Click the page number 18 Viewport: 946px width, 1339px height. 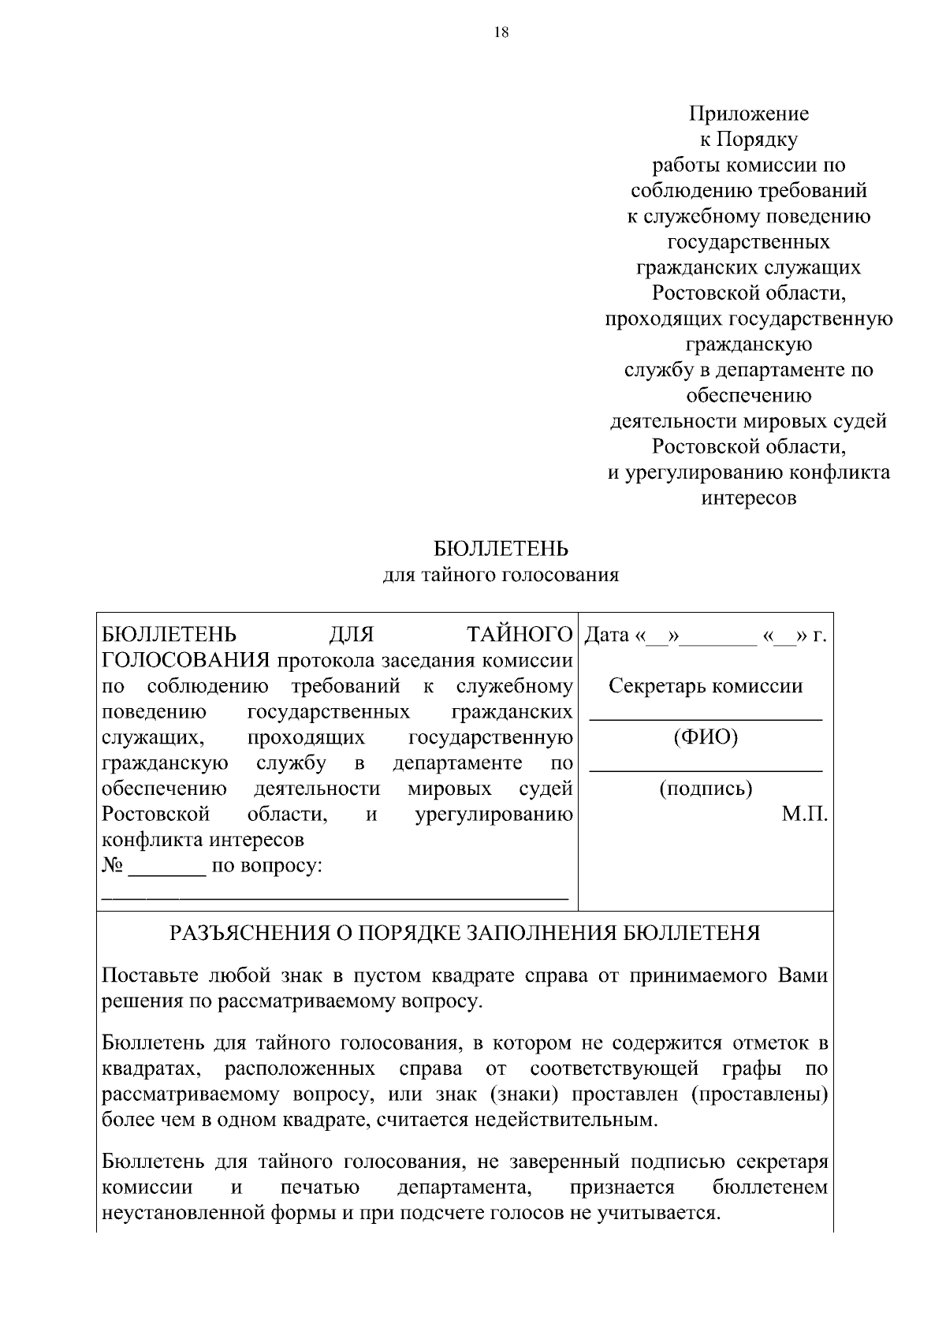pos(501,32)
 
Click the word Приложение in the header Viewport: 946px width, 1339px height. pos(749,114)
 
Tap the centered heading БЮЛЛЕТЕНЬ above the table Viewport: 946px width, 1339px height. pos(501,549)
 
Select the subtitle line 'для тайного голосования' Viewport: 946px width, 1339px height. pos(501,575)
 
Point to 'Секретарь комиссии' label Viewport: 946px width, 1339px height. pos(706,686)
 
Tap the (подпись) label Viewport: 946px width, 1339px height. pos(706,789)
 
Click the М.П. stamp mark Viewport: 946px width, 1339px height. pos(804,815)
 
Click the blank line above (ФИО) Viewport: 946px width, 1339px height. pos(706,718)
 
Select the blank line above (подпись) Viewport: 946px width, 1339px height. pos(706,769)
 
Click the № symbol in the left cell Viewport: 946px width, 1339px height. pos(113,866)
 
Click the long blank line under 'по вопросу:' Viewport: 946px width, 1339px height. pos(335,897)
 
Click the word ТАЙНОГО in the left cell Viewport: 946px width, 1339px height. pos(520,635)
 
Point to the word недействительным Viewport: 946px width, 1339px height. pos(567,1120)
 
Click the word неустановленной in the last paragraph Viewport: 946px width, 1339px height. pos(184,1213)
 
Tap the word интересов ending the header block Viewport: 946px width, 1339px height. pos(749,498)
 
